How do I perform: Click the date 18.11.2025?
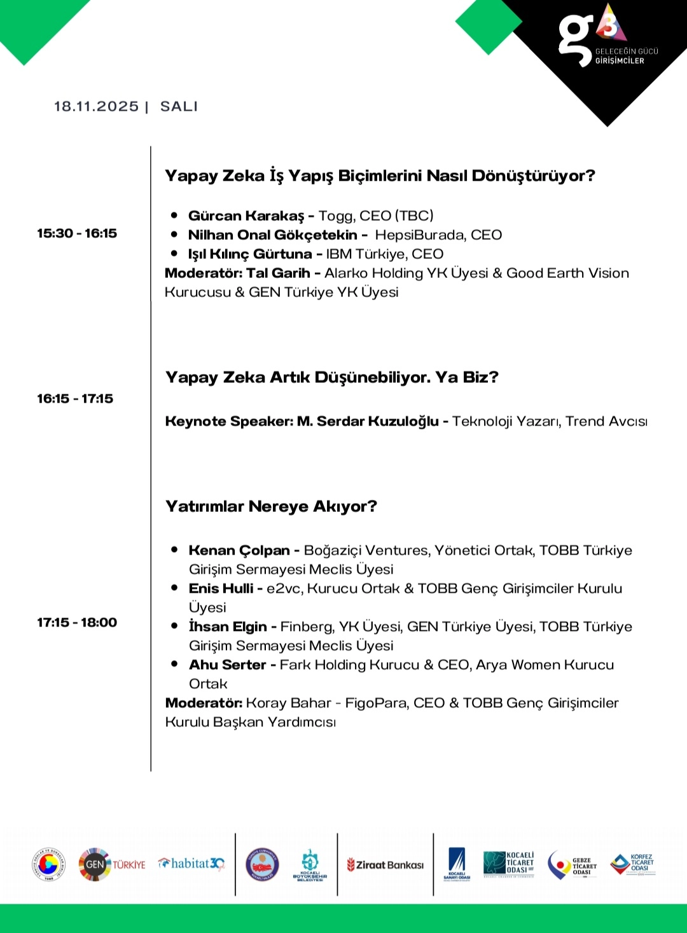coord(96,106)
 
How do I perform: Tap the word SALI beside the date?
coord(179,106)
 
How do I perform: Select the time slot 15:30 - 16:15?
coord(77,233)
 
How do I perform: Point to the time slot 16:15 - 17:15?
coord(75,399)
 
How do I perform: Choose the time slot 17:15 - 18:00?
coord(77,623)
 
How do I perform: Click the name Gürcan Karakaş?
coord(246,216)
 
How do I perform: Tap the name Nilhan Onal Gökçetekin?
coord(272,235)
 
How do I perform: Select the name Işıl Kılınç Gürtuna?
coord(250,254)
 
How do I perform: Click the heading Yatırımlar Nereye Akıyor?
coord(271,506)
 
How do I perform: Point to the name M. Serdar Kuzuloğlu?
coord(368,421)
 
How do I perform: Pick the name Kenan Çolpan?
coord(239,550)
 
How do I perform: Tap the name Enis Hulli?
coord(221,588)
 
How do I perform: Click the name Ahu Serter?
coord(227,665)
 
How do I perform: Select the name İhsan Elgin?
coord(228,626)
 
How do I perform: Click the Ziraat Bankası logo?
coord(385,865)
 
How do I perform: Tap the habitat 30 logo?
coord(191,864)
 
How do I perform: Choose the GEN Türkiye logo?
coord(112,864)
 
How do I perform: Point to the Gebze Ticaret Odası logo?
coord(572,866)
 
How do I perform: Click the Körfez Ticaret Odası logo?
coord(632,865)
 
